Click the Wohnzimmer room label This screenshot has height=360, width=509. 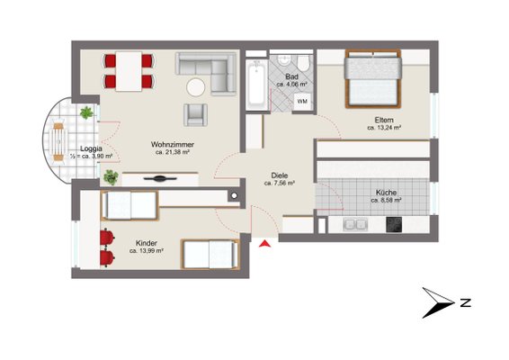pyautogui.click(x=173, y=144)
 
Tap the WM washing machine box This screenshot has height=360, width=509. pyautogui.click(x=302, y=102)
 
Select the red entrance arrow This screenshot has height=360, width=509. pyautogui.click(x=265, y=243)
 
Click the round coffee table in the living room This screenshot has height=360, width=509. pyautogui.click(x=196, y=87)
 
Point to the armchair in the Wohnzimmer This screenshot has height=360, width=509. pyautogui.click(x=195, y=114)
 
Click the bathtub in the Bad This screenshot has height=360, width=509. pyautogui.click(x=257, y=85)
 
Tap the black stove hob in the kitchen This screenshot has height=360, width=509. pyautogui.click(x=394, y=224)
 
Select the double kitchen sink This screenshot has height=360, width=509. pyautogui.click(x=355, y=224)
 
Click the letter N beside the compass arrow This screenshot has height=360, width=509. pyautogui.click(x=466, y=302)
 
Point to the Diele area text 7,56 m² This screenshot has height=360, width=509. pyautogui.click(x=279, y=184)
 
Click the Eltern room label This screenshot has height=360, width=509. pyautogui.click(x=384, y=120)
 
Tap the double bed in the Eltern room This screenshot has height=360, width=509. pyautogui.click(x=373, y=78)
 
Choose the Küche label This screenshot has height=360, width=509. pyautogui.click(x=387, y=193)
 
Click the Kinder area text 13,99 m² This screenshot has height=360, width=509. pyautogui.click(x=146, y=251)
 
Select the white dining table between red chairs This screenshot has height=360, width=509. pyautogui.click(x=129, y=71)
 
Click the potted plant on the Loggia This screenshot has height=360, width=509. pyautogui.click(x=86, y=112)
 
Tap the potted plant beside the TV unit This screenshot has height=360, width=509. pyautogui.click(x=111, y=177)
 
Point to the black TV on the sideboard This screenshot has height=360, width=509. pyautogui.click(x=160, y=178)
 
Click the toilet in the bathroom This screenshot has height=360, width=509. pyautogui.click(x=304, y=62)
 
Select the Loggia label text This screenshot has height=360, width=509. pyautogui.click(x=91, y=148)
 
